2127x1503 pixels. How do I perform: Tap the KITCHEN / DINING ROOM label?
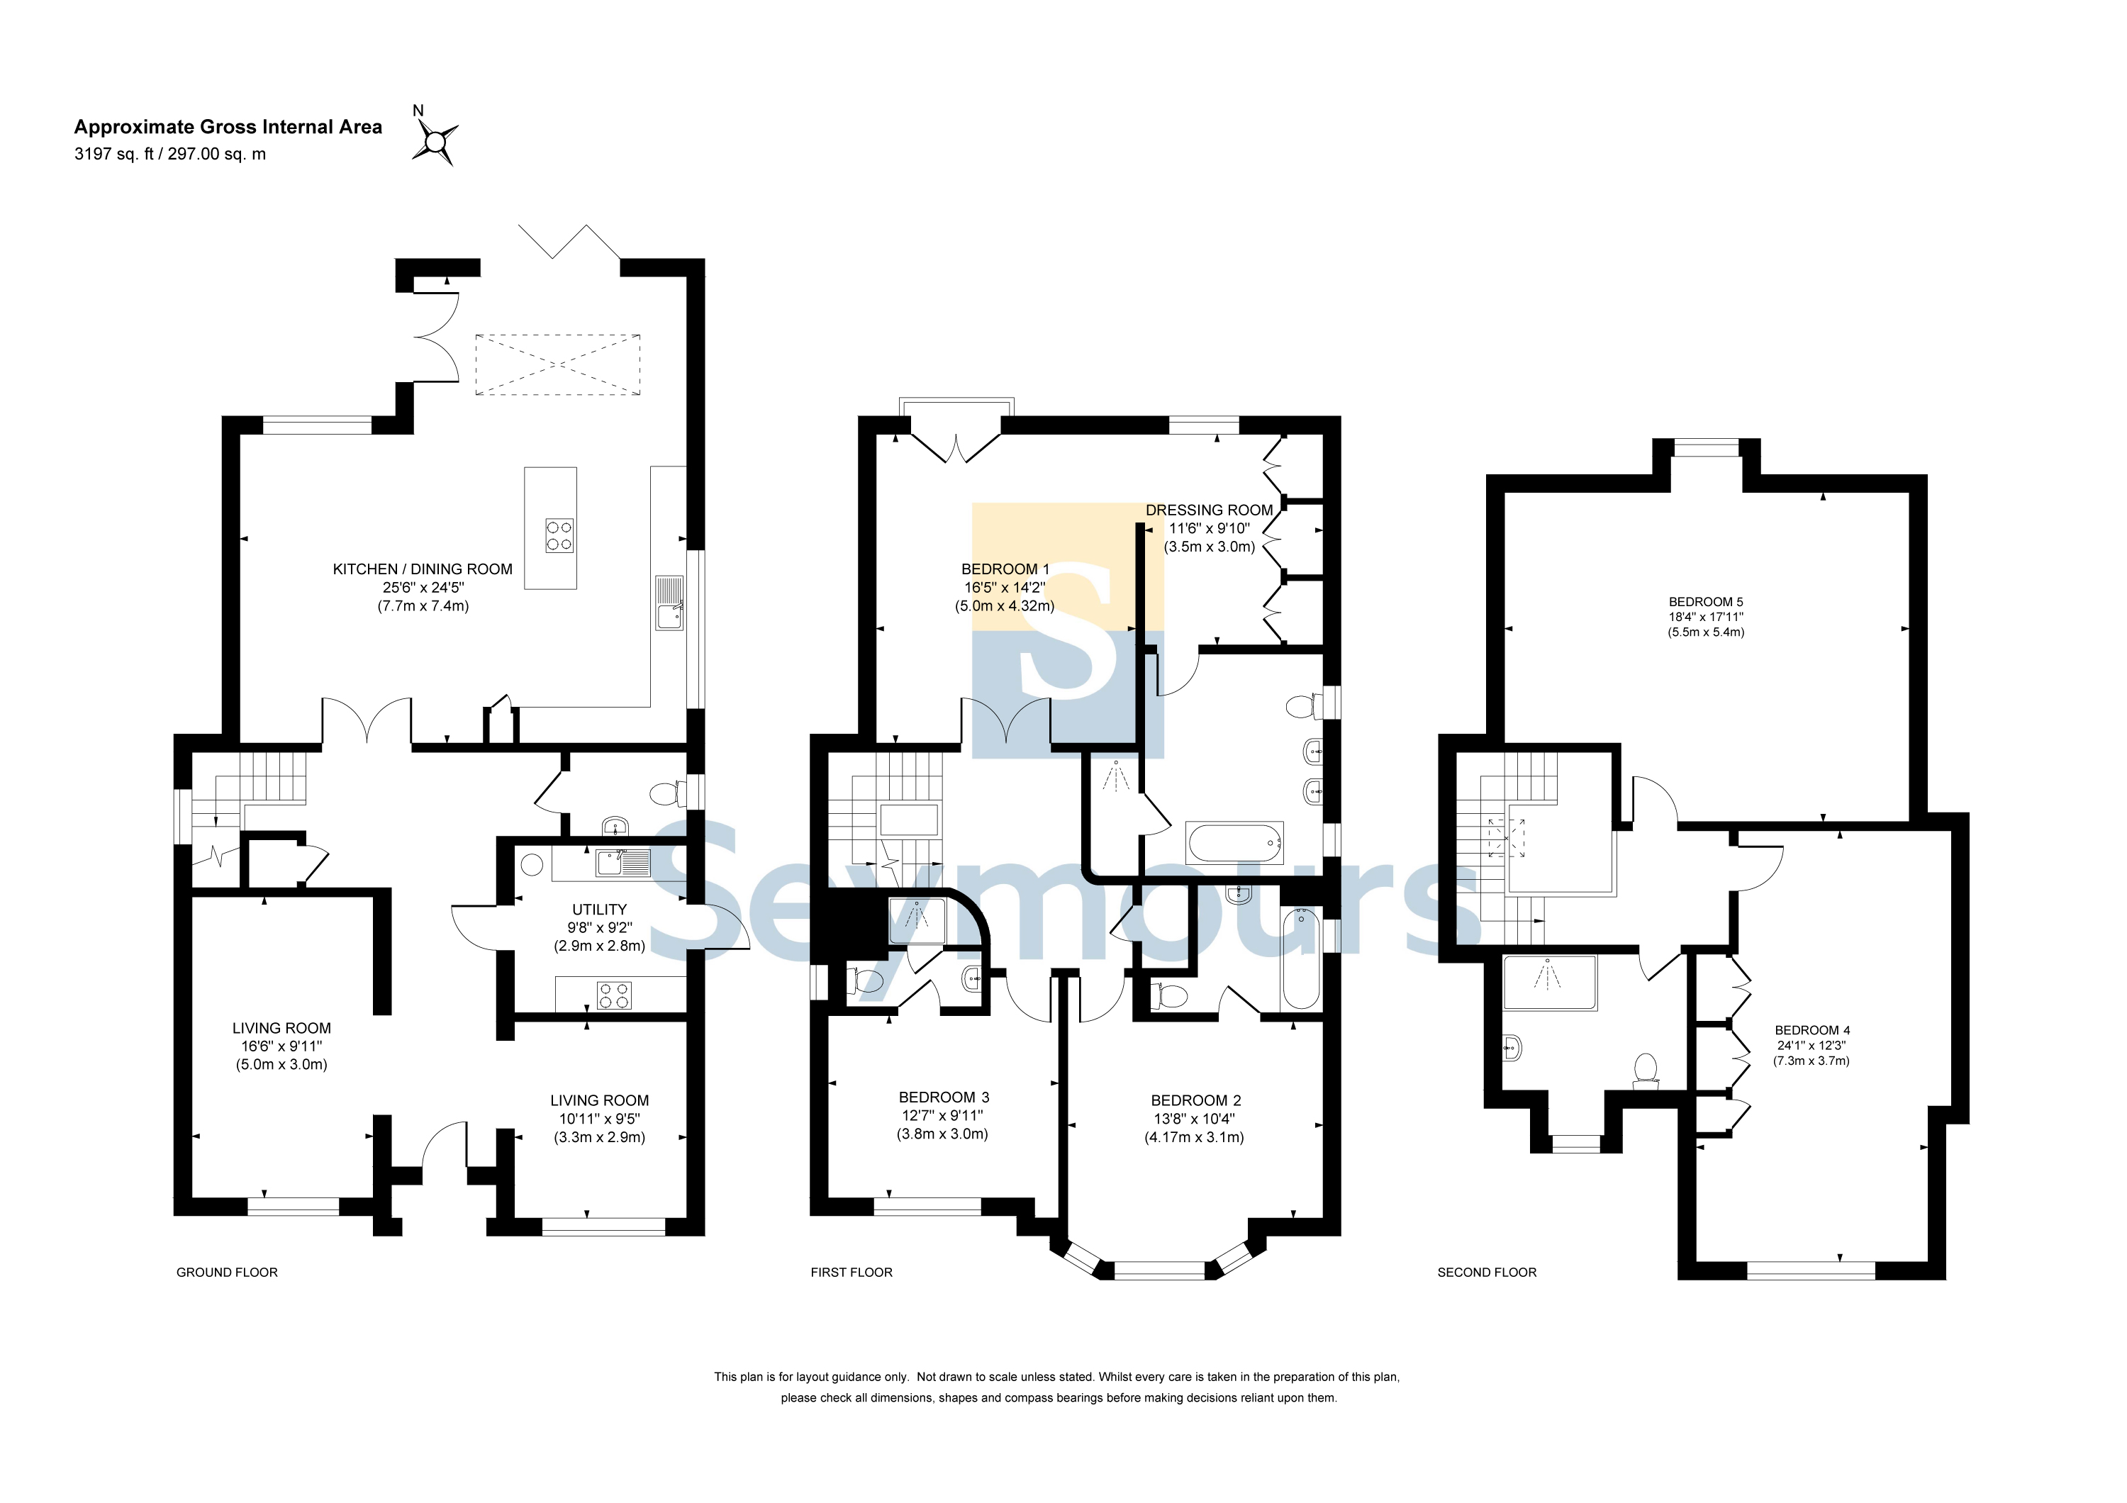point(423,569)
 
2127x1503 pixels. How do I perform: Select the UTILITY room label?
point(599,910)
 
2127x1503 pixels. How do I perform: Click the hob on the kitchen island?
point(559,535)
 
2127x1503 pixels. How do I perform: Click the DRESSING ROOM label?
point(1209,510)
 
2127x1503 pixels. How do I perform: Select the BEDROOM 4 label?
point(1812,1030)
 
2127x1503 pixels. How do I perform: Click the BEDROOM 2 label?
point(1196,1100)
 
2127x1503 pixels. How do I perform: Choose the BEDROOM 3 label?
point(944,1097)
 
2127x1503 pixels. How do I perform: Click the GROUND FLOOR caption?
point(227,1273)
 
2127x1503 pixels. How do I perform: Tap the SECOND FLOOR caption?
point(1487,1273)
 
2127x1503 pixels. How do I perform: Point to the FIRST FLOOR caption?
point(852,1273)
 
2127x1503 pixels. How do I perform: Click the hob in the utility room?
point(614,995)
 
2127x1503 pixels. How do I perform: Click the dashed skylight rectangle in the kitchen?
point(558,365)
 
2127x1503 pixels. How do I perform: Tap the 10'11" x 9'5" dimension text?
point(599,1119)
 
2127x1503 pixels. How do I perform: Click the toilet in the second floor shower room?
point(1646,1070)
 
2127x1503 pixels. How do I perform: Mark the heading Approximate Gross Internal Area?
point(228,127)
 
